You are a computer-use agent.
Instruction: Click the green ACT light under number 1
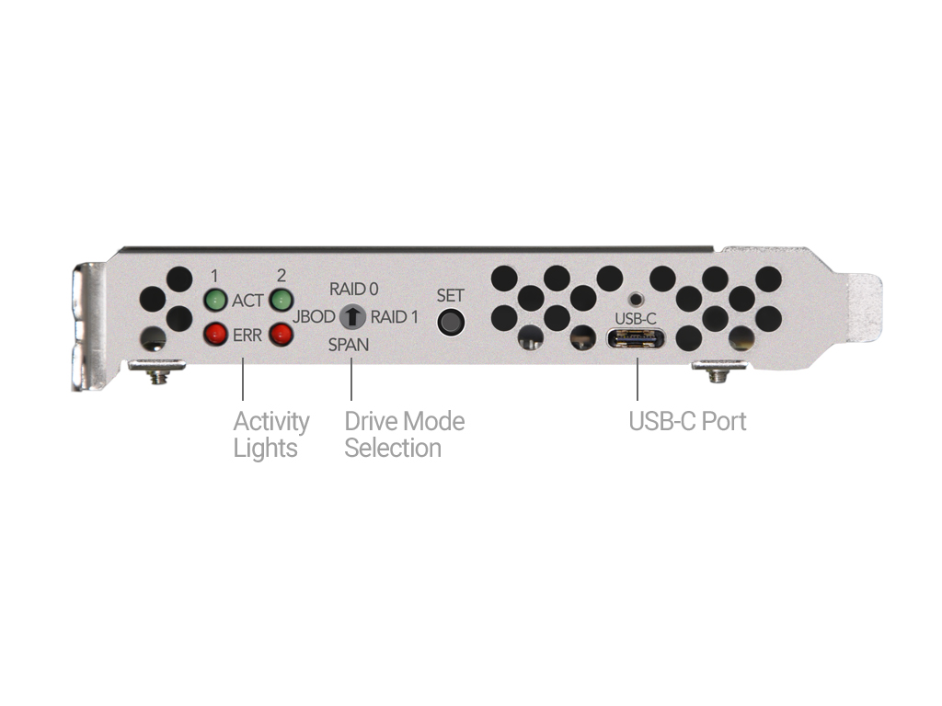(x=215, y=300)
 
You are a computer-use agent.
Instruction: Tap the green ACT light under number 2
(x=281, y=300)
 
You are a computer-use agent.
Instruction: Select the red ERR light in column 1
(x=215, y=334)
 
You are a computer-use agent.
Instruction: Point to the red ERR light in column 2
(x=281, y=334)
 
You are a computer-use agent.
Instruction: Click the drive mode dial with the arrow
(x=352, y=316)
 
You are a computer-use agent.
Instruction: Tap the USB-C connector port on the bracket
(x=636, y=338)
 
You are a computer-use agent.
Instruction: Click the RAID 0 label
(x=354, y=290)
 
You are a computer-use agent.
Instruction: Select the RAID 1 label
(x=394, y=317)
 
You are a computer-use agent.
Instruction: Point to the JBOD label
(x=314, y=316)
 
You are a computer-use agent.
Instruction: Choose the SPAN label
(x=349, y=345)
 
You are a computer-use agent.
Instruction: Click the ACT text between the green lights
(x=247, y=301)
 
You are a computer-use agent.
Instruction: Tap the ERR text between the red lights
(x=247, y=335)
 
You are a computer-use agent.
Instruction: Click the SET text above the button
(x=450, y=295)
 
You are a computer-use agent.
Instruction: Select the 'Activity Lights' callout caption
(x=271, y=435)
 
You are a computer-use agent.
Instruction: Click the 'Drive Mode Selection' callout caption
(x=405, y=435)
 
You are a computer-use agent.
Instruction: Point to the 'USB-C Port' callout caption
(x=687, y=421)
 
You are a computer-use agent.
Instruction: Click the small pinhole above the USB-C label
(x=636, y=299)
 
